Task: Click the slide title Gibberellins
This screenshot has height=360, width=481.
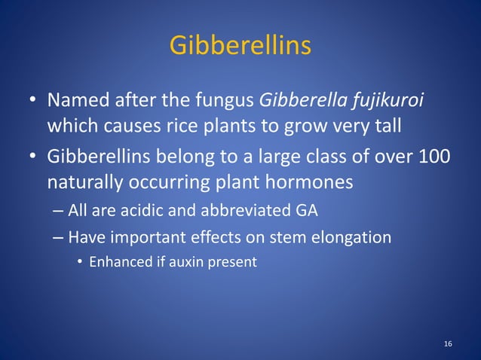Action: [240, 45]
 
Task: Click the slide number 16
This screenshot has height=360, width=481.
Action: [448, 344]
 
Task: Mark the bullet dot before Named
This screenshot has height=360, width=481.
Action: [33, 100]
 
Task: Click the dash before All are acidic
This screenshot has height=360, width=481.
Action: [58, 211]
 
